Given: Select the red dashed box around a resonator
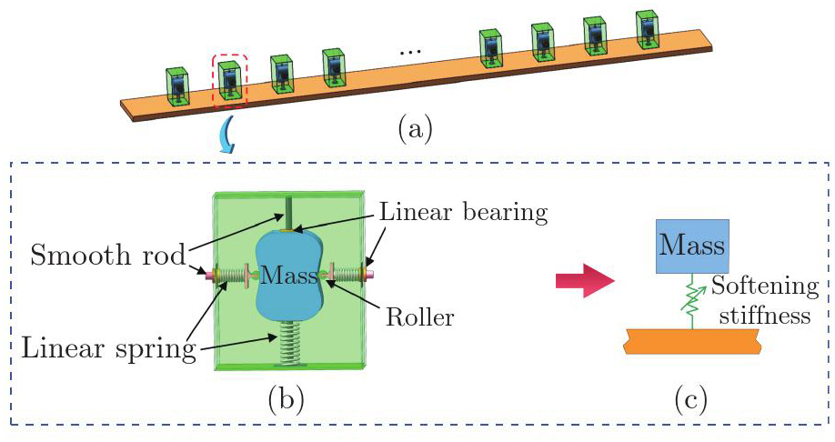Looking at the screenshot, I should coord(230,81).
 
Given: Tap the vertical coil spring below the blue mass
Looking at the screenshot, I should coord(289,345).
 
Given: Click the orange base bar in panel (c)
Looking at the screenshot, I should coord(691,344).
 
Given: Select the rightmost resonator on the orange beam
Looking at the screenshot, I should coord(646,30).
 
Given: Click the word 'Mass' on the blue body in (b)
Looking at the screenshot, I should coord(290,273).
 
